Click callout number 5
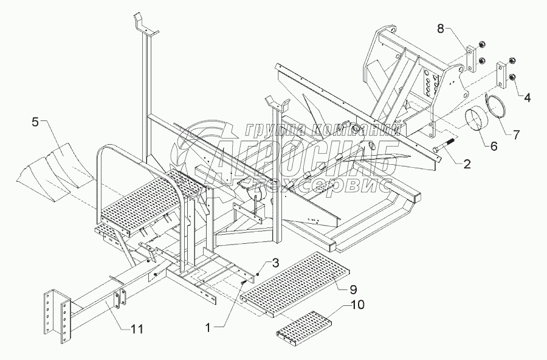pyautogui.click(x=36, y=122)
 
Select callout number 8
pyautogui.click(x=441, y=29)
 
